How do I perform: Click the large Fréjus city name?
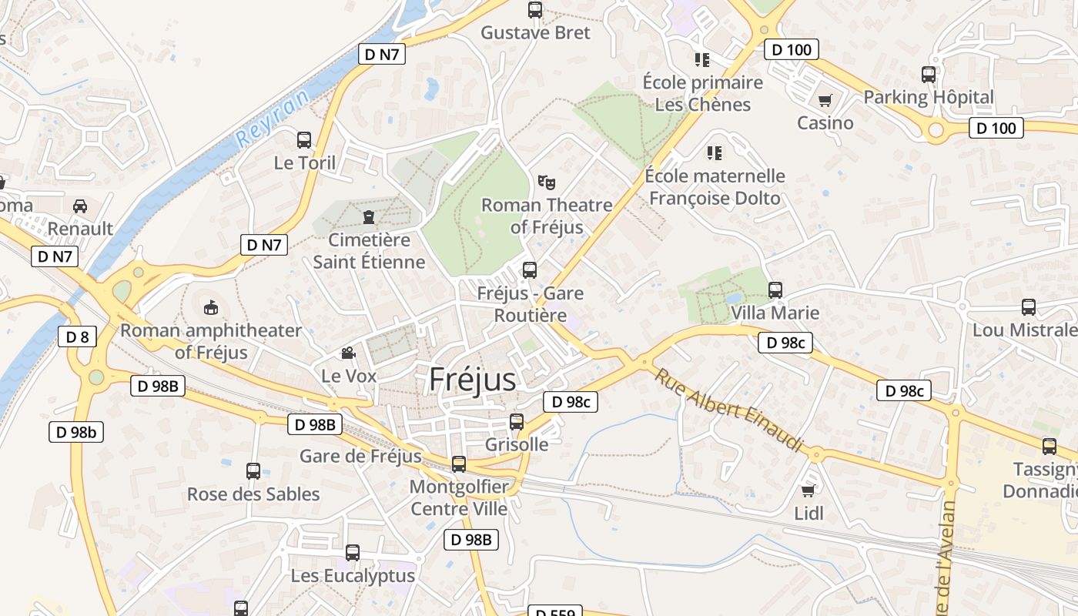click(472, 380)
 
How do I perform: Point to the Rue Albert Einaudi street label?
click(728, 410)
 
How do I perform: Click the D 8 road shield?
click(77, 336)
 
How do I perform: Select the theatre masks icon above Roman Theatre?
click(547, 182)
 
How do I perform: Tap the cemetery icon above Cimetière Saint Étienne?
click(369, 217)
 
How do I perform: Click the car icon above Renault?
click(79, 206)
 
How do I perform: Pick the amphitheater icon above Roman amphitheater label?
click(210, 308)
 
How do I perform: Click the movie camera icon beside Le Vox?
click(348, 353)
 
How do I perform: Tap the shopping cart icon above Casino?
click(825, 100)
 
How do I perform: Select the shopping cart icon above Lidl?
click(808, 490)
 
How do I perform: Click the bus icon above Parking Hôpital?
click(929, 75)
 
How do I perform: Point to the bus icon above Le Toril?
click(304, 140)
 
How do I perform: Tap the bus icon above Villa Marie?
click(775, 290)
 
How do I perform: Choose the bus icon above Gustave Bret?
click(535, 10)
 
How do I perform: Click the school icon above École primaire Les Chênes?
click(702, 59)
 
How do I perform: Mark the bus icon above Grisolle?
click(517, 422)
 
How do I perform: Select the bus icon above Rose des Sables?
click(253, 471)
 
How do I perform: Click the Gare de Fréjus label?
click(360, 456)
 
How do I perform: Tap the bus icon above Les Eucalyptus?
click(353, 552)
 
